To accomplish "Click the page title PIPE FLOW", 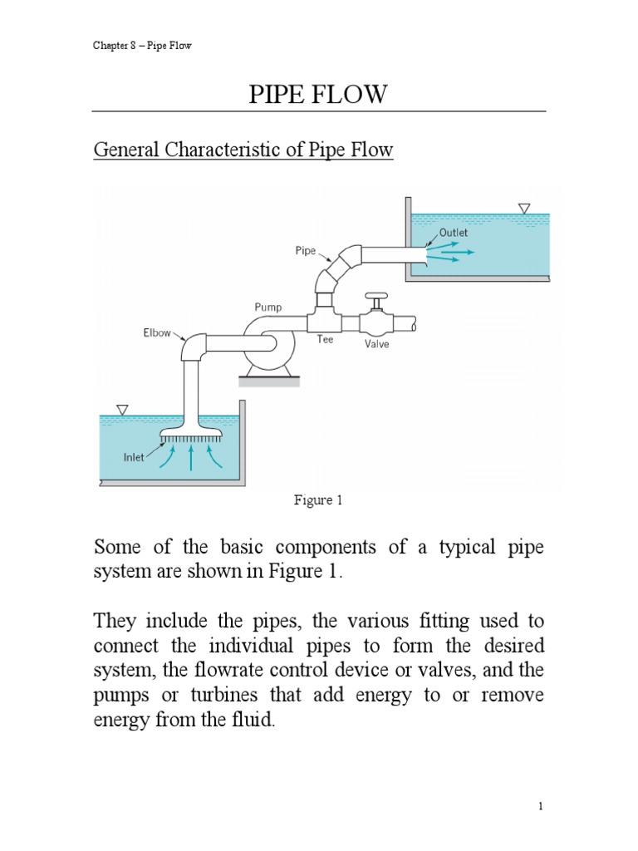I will (318, 95).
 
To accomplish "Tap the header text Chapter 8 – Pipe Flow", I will (142, 45).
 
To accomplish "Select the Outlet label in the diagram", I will (454, 233).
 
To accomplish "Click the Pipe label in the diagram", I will (306, 249).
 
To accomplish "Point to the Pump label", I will (267, 307).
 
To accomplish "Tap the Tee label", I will (324, 339).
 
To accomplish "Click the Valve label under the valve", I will (376, 343).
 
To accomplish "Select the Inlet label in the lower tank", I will (135, 456).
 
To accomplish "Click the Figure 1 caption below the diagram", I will (318, 500).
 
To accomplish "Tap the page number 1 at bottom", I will (540, 805).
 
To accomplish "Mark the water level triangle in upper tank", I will (523, 208).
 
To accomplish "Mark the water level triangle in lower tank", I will (123, 409).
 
